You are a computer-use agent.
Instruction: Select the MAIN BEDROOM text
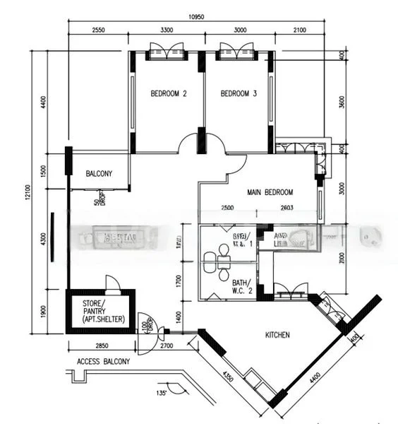(270, 192)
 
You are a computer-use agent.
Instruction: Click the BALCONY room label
(99, 174)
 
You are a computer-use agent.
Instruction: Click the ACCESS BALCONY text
(103, 362)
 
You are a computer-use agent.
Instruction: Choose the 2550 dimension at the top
(98, 30)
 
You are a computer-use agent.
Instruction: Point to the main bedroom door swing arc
(237, 164)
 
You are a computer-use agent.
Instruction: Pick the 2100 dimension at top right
(299, 30)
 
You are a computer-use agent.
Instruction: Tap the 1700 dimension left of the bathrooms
(179, 282)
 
